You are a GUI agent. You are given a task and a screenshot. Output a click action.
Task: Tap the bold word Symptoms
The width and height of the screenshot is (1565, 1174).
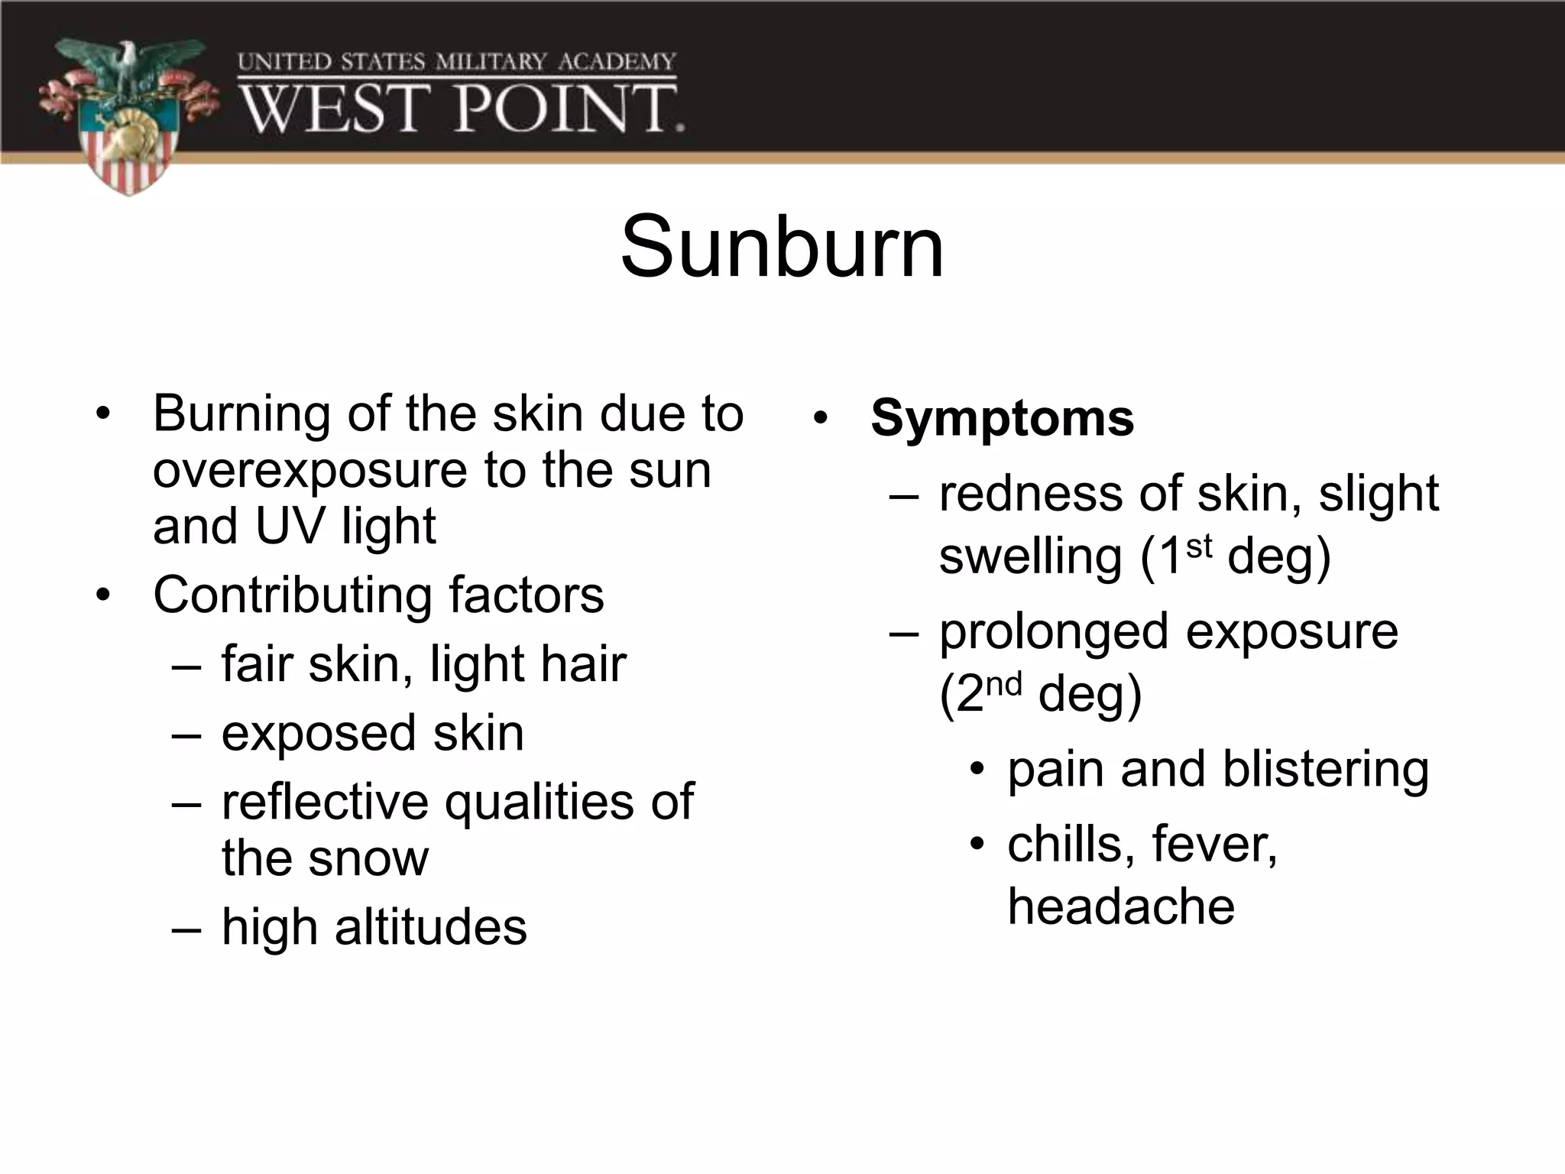pyautogui.click(x=1002, y=418)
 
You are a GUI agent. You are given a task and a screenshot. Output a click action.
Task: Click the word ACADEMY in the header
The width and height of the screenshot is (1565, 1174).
pyautogui.click(x=617, y=62)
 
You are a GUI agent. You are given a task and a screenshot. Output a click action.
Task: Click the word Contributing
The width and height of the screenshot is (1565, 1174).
pyautogui.click(x=293, y=595)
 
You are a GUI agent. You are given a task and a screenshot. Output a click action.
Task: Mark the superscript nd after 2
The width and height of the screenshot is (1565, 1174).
pyautogui.click(x=1003, y=684)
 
